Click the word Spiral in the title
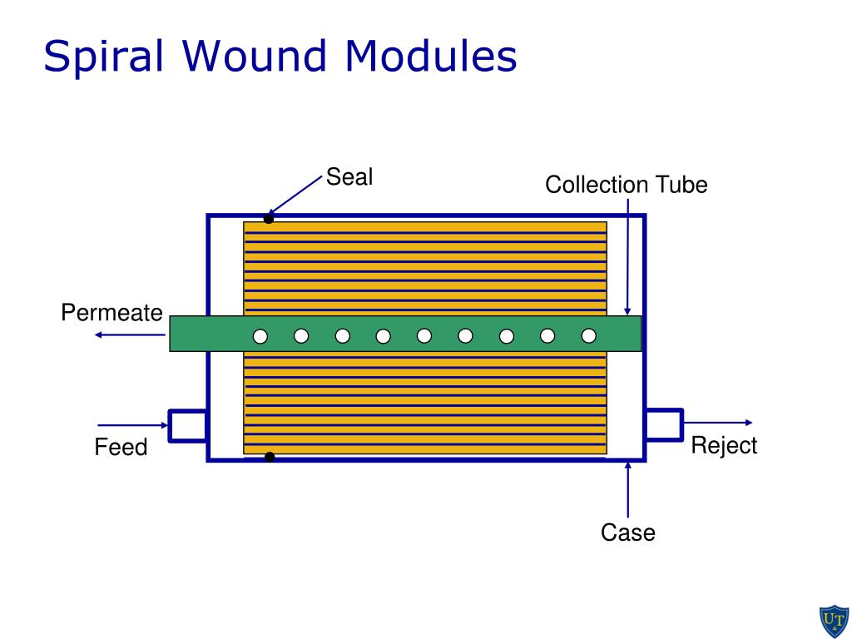point(106,57)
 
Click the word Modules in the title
point(431,57)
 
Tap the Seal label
point(349,177)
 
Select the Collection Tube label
point(626,185)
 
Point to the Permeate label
point(111,314)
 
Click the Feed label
point(121,448)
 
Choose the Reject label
point(724,446)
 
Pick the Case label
point(628,532)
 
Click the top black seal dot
point(269,219)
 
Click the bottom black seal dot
point(269,457)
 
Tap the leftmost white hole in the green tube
point(260,336)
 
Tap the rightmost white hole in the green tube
point(589,336)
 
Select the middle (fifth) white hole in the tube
point(424,336)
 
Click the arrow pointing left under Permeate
point(129,334)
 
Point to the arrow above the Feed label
point(133,424)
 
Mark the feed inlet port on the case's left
point(188,425)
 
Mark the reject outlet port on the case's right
point(664,424)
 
